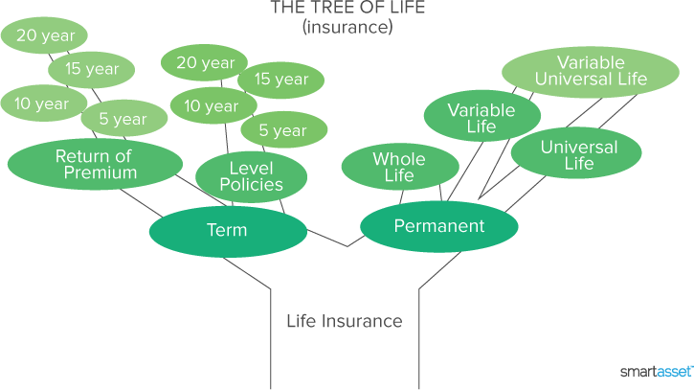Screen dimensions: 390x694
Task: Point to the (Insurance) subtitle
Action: [347, 27]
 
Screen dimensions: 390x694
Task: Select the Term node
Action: [227, 230]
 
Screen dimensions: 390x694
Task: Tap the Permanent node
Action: [439, 226]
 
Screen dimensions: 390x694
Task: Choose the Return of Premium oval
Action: [94, 164]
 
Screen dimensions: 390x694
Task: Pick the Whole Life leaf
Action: [392, 167]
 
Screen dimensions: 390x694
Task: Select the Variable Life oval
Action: [481, 118]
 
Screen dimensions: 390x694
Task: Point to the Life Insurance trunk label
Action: [345, 321]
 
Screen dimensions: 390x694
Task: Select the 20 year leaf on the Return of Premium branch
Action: [44, 34]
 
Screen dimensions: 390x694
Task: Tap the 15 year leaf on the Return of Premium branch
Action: [92, 69]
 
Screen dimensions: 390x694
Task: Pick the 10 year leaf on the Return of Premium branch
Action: [42, 103]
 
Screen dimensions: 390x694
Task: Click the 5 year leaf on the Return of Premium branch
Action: [123, 119]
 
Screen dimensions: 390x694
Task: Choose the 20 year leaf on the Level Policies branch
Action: [205, 63]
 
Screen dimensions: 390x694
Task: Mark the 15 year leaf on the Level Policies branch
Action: [280, 80]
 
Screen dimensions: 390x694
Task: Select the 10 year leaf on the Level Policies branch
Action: [211, 105]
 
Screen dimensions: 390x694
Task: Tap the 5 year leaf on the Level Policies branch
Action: [283, 130]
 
